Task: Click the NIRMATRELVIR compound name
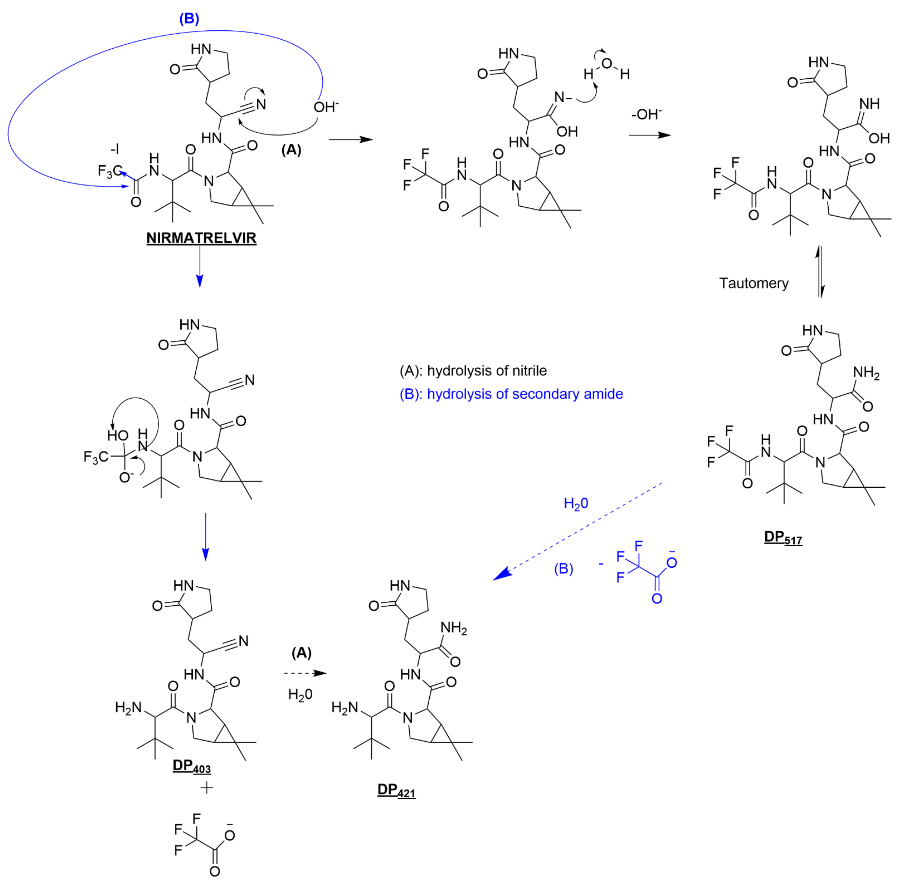(201, 238)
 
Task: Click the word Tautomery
(754, 283)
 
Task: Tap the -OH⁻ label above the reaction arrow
(646, 114)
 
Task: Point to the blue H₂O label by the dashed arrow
(576, 503)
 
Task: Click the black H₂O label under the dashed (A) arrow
(300, 694)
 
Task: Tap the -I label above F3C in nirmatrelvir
(114, 149)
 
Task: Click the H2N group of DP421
(344, 707)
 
